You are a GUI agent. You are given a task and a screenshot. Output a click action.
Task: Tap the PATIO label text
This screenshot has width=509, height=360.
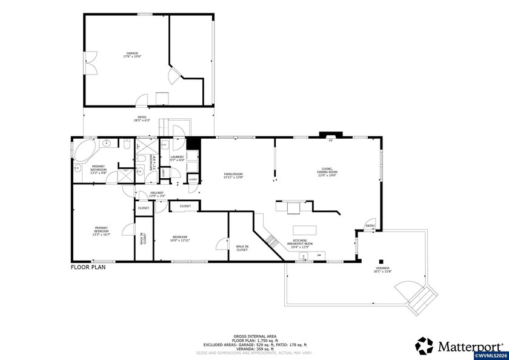(x=142, y=117)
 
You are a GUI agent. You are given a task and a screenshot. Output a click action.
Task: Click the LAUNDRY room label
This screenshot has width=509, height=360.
(x=177, y=157)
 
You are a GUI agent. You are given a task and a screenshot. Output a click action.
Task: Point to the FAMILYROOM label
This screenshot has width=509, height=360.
(x=233, y=175)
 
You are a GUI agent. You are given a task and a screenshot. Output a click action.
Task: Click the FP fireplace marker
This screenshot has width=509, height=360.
(x=330, y=141)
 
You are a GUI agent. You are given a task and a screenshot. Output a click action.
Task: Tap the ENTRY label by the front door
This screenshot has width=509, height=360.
(x=370, y=226)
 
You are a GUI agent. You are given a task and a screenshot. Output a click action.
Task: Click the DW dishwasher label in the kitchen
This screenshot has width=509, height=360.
(x=319, y=255)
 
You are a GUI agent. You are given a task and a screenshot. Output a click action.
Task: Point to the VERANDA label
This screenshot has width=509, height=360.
(x=383, y=268)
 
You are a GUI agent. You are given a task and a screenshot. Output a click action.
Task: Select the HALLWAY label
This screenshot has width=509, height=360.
(x=157, y=193)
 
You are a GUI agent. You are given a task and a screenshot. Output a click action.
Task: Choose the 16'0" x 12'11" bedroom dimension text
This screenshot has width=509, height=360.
(x=181, y=241)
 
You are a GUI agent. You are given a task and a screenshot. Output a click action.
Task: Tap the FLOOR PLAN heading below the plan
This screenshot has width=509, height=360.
(x=88, y=267)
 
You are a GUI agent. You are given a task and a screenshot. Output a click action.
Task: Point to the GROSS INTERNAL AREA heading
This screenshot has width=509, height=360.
(x=254, y=335)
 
